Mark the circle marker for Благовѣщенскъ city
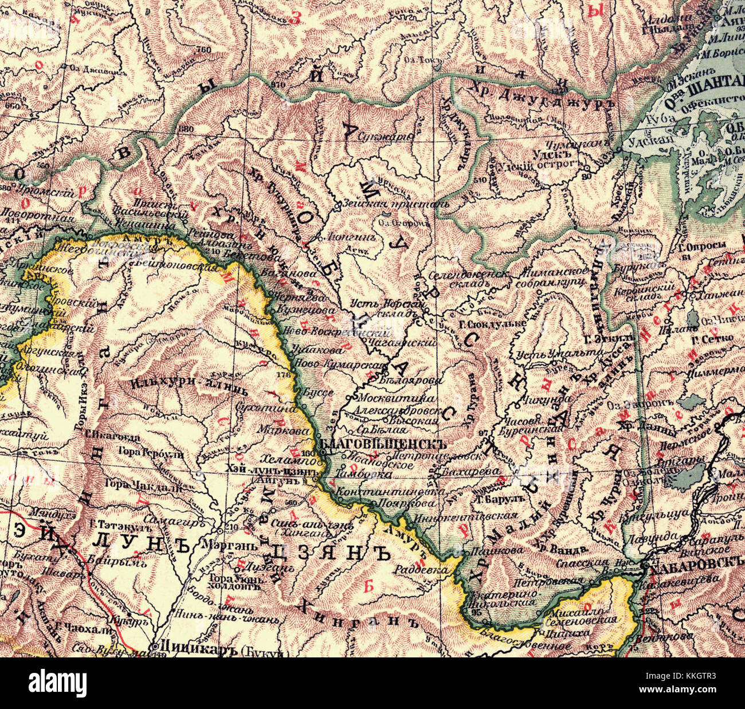[322, 452]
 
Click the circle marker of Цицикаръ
[156, 647]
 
